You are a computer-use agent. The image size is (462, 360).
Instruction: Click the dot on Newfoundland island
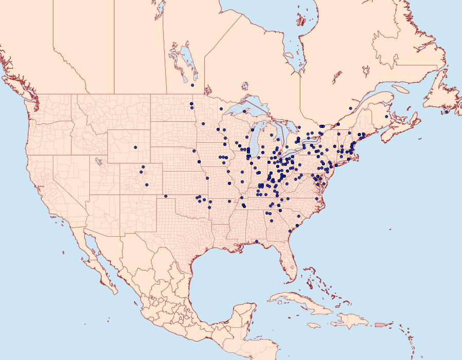447,112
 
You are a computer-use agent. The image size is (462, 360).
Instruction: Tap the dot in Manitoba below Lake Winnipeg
192,85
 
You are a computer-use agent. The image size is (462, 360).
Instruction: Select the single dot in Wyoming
136,147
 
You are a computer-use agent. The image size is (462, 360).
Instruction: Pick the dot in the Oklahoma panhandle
165,196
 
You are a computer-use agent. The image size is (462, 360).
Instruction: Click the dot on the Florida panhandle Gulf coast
256,241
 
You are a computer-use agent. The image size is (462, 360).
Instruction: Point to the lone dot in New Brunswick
386,117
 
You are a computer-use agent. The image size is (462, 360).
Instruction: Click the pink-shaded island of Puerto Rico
380,324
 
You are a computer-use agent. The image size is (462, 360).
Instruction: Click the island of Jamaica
314,325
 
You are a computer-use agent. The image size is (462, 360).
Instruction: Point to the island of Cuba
298,302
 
